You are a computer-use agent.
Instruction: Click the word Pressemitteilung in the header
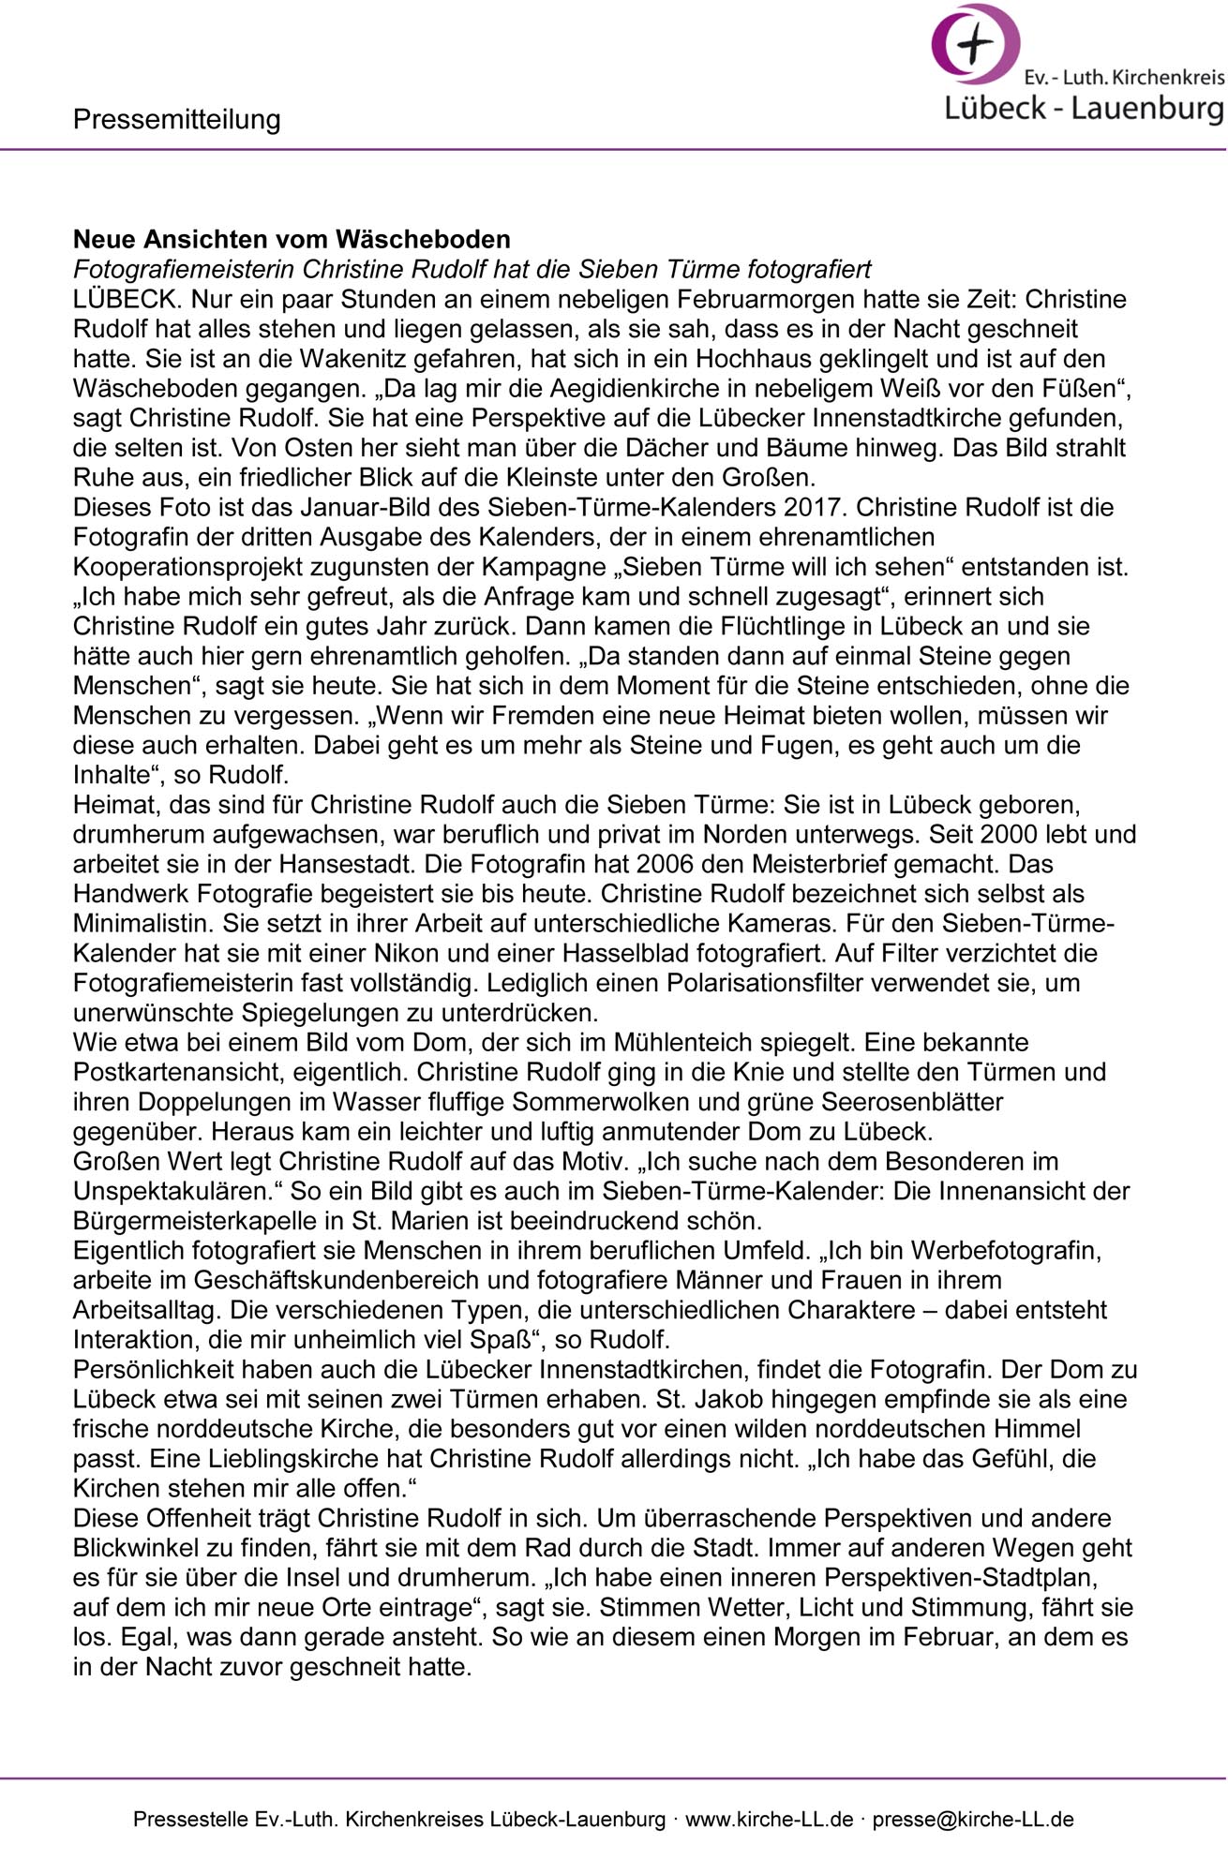click(176, 119)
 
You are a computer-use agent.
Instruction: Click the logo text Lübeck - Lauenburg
click(1084, 108)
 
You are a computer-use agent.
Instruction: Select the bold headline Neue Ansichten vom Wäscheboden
click(292, 239)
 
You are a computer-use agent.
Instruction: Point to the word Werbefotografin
click(1005, 1252)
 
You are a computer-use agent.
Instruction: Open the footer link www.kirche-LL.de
click(770, 1820)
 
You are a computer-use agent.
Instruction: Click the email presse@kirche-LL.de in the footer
click(973, 1820)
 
